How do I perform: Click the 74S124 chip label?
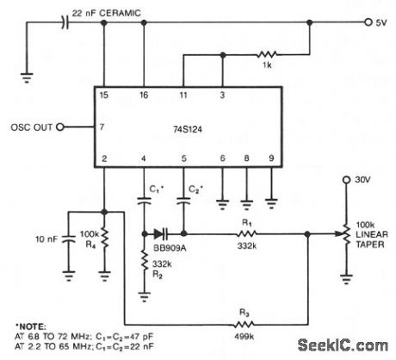188,129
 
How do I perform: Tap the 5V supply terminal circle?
368,22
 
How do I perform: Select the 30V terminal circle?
347,180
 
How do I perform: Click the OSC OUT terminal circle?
60,127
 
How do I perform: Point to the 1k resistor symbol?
268,54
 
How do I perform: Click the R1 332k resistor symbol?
246,234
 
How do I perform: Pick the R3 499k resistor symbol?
244,325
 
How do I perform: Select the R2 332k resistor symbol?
144,260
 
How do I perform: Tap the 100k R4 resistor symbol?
104,239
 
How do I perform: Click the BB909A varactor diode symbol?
161,234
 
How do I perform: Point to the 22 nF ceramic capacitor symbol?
65,22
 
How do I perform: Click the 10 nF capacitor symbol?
69,239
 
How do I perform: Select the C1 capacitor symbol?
144,201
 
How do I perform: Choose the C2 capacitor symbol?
183,201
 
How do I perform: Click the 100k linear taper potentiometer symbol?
346,234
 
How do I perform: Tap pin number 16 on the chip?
144,95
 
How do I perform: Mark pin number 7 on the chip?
102,127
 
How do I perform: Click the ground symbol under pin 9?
271,203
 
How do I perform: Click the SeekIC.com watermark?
343,345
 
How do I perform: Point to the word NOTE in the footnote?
32,326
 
